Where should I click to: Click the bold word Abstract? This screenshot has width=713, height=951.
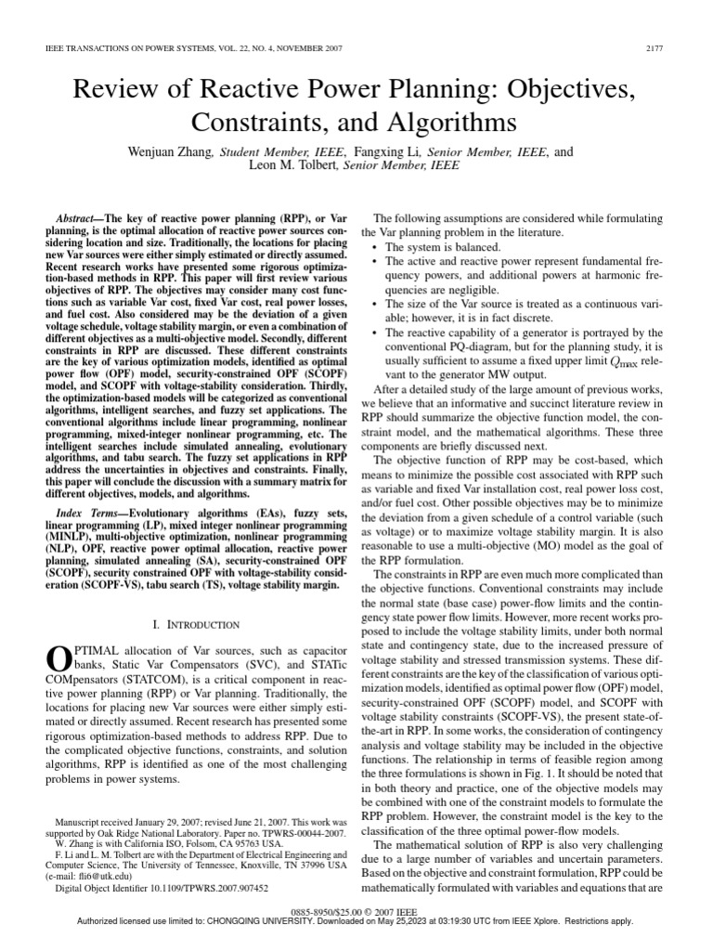[77, 216]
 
